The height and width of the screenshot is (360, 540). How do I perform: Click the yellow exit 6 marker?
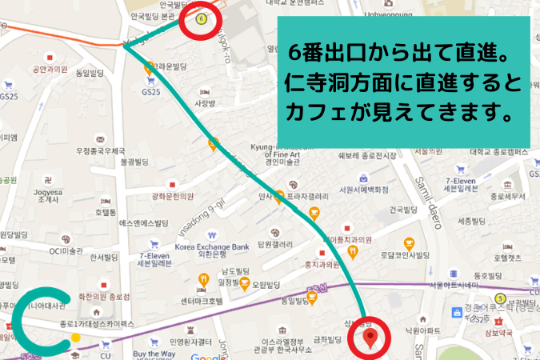pyautogui.click(x=201, y=18)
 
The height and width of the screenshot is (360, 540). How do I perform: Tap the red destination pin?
pyautogui.click(x=370, y=337)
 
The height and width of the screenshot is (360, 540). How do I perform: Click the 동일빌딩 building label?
pyautogui.click(x=90, y=74)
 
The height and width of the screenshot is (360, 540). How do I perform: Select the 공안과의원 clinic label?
pyautogui.click(x=47, y=70)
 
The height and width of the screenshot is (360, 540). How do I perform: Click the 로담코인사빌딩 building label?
pyautogui.click(x=408, y=257)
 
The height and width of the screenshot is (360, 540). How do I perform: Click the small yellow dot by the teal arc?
pyautogui.click(x=75, y=337)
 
